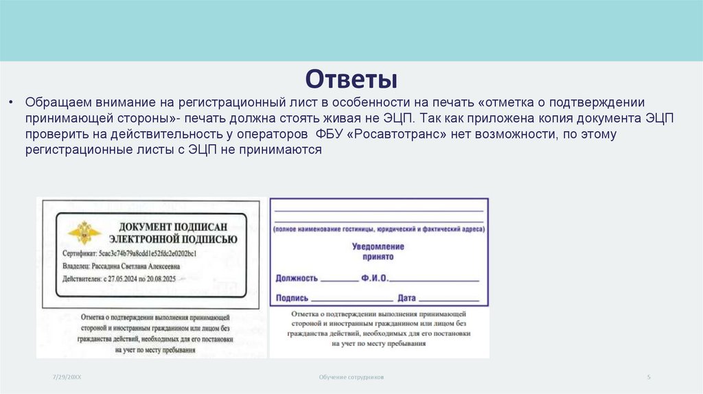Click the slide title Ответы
pyautogui.click(x=351, y=78)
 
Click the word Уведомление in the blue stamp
pyautogui.click(x=378, y=246)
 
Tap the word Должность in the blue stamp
pyautogui.click(x=297, y=278)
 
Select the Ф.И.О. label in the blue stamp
pyautogui.click(x=374, y=278)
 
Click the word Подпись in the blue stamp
pyautogui.click(x=292, y=298)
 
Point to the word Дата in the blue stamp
pyautogui.click(x=407, y=298)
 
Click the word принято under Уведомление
pyautogui.click(x=378, y=257)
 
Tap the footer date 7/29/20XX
pyautogui.click(x=67, y=378)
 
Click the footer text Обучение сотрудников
pyautogui.click(x=351, y=378)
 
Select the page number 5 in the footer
pyautogui.click(x=649, y=378)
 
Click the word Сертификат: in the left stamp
pyautogui.click(x=79, y=253)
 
